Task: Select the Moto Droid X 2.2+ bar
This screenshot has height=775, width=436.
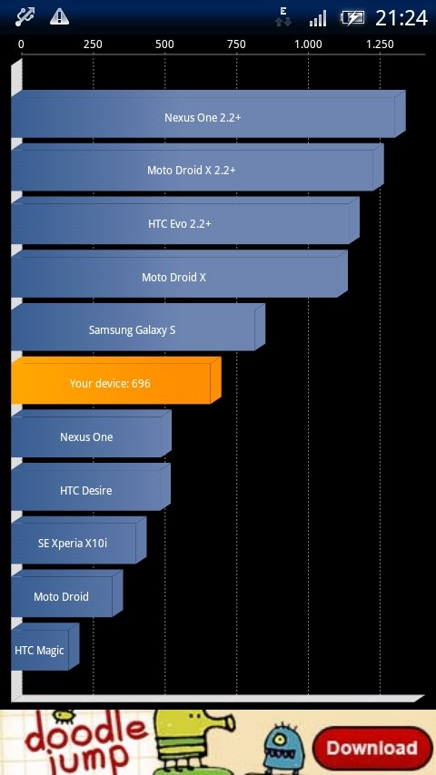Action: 197,167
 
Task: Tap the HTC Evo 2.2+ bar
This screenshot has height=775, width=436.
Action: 185,221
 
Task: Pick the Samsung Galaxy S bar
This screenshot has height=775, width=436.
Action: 138,328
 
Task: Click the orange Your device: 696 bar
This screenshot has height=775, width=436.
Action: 115,380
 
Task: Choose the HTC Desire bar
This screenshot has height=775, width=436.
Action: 91,487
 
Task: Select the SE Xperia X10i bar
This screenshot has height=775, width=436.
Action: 79,540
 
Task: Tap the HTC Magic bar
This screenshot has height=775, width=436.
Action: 45,647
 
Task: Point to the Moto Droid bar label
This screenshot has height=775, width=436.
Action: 62,596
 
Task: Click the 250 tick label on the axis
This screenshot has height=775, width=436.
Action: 93,44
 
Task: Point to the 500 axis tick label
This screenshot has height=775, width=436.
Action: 164,44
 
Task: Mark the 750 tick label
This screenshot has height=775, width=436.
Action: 236,44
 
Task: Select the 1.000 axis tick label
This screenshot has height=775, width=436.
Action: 308,44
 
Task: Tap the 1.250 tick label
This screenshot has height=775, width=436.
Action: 380,44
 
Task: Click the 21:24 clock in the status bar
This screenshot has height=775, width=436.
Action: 401,18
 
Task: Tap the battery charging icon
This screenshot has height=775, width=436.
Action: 352,18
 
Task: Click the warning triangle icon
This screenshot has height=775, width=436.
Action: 59,17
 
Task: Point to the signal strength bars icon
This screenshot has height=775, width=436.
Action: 318,19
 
